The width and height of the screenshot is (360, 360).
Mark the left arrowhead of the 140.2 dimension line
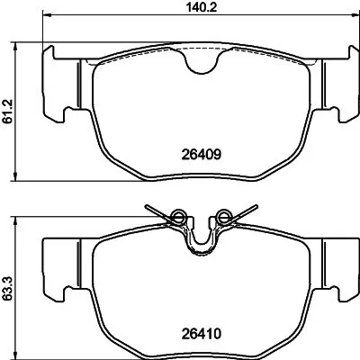(46, 16)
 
